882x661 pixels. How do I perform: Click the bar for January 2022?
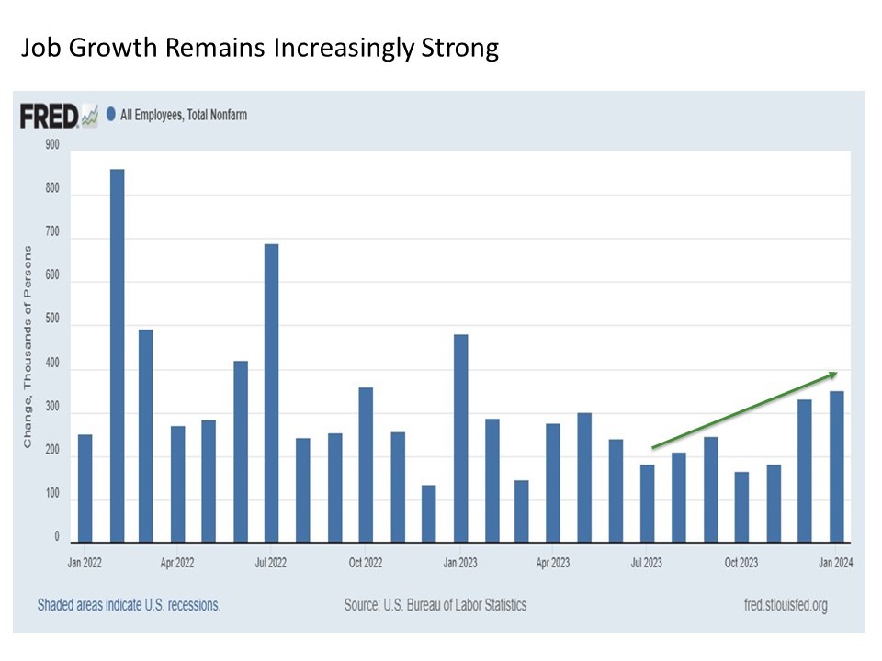(85, 487)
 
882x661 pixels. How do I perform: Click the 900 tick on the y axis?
(51, 145)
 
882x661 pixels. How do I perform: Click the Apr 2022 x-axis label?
(177, 562)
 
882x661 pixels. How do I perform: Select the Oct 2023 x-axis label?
(741, 562)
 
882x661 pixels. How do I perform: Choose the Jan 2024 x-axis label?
(836, 562)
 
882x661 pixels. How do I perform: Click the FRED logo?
(50, 116)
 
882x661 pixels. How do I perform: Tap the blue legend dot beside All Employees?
(111, 115)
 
